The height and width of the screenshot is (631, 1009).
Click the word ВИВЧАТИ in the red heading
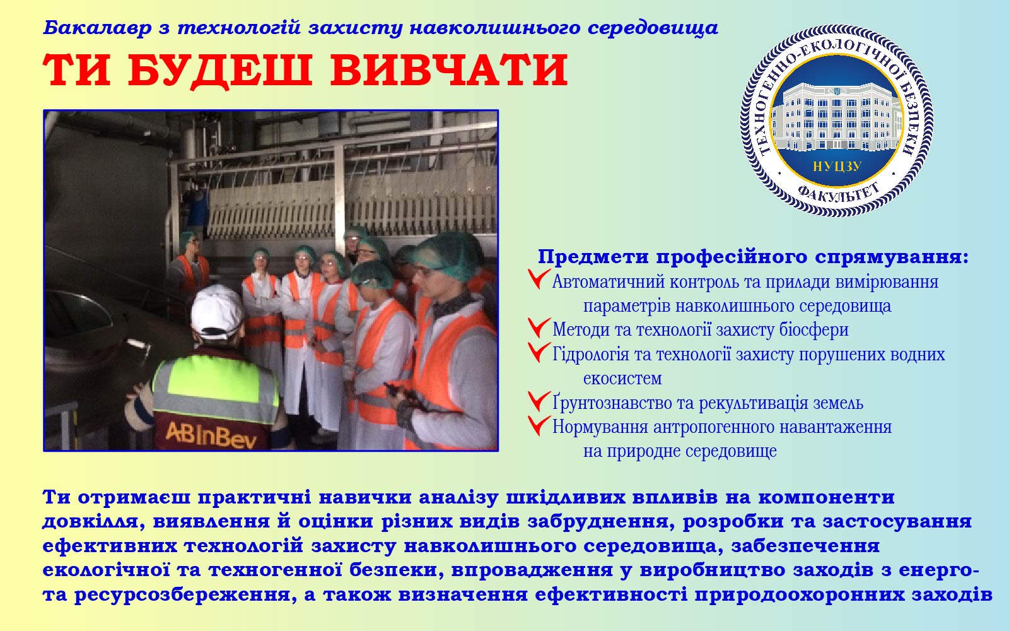449,70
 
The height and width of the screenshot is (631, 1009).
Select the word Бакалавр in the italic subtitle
97,28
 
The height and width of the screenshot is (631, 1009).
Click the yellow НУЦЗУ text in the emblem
837,167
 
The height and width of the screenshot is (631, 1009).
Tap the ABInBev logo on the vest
211,435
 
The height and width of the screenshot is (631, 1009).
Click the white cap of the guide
217,311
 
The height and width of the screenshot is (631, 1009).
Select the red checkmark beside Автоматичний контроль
539,278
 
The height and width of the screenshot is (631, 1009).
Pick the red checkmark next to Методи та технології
539,327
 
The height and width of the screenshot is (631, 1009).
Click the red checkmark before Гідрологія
539,351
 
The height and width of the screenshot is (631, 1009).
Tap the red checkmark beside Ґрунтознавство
539,401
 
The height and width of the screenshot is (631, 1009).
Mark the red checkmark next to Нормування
539,425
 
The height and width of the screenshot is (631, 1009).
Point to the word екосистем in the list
622,379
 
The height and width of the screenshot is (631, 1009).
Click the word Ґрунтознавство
612,403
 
